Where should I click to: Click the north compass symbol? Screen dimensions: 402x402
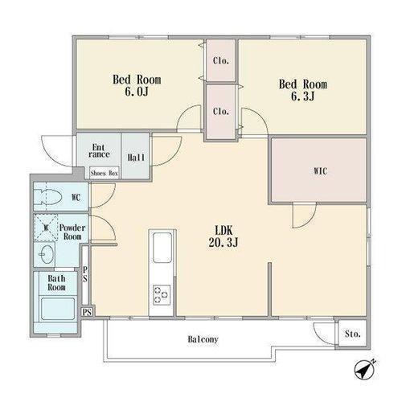pos(364,371)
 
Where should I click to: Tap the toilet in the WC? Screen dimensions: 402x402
pos(48,197)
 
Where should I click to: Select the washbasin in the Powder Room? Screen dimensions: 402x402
pos(46,254)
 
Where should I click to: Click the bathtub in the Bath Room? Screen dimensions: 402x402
pos(58,309)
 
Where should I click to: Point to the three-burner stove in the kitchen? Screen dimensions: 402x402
pos(162,295)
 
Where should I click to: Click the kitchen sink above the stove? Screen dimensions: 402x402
pos(162,248)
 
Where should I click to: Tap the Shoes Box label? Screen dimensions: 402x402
pos(105,173)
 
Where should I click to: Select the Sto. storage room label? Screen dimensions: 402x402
pos(352,334)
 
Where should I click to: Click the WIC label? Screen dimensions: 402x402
pos(320,171)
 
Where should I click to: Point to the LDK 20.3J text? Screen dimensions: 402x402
pos(224,236)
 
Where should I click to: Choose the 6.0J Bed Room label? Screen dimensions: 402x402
pos(137,85)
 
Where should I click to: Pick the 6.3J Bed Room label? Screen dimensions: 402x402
pos(303,90)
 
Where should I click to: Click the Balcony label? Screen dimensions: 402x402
pos(203,339)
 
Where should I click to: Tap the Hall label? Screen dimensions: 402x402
pos(136,158)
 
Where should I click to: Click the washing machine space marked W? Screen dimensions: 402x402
pos(46,228)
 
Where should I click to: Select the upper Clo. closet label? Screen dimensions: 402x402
pos(221,60)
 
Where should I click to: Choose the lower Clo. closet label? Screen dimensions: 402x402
pos(221,111)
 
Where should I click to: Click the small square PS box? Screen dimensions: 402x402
pos(87,312)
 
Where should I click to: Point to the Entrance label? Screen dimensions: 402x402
pos(99,151)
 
